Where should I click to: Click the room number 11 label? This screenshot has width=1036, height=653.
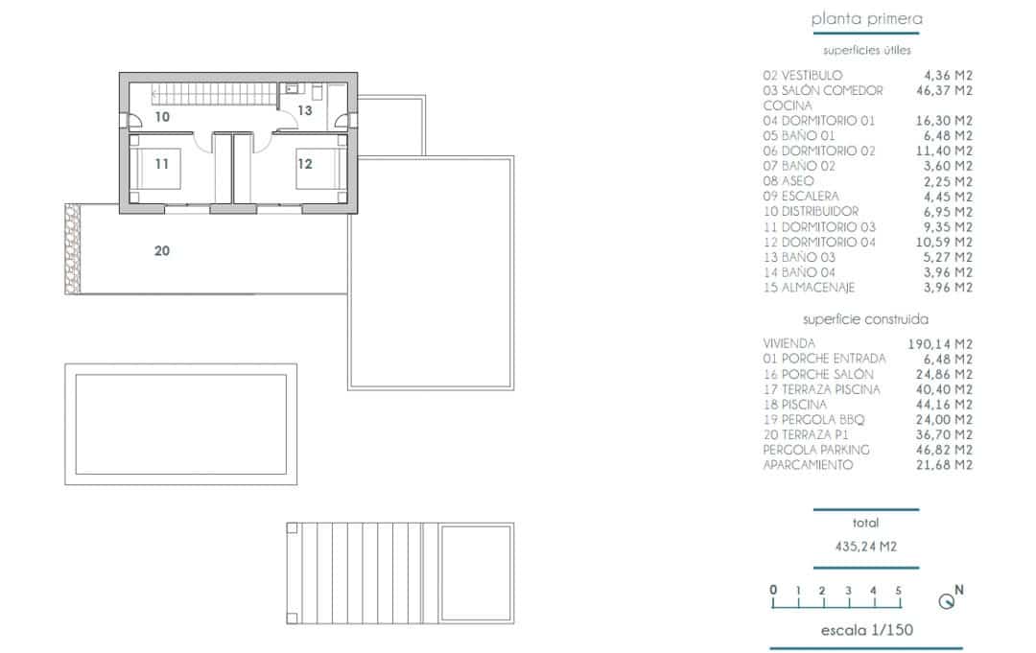[x=162, y=164]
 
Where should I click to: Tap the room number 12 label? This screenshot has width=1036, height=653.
[x=305, y=164]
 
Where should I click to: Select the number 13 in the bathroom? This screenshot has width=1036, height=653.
[x=305, y=110]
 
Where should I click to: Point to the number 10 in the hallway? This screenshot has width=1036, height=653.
[x=162, y=117]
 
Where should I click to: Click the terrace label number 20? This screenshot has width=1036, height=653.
[x=162, y=251]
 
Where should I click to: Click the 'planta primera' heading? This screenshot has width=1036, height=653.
[x=866, y=18]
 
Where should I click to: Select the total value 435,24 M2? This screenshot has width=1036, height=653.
[x=865, y=548]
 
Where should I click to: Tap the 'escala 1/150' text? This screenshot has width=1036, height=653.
[x=866, y=630]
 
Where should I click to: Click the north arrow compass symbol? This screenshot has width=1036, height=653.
[x=948, y=600]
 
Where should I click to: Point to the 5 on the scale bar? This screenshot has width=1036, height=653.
[x=898, y=591]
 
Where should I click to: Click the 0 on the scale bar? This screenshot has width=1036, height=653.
[x=772, y=591]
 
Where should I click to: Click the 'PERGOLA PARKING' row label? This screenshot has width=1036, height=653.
[x=816, y=450]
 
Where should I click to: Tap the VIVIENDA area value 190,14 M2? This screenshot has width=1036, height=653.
[x=940, y=343]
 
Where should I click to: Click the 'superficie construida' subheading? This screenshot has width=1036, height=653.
[x=865, y=319]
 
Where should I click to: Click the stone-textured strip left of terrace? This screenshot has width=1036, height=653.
[x=71, y=250]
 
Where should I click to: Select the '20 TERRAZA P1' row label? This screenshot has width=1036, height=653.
[x=808, y=434]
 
